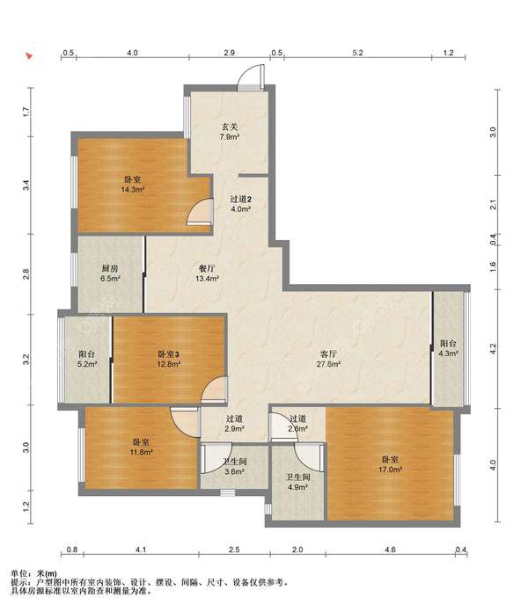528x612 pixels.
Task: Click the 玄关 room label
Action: point(230,127)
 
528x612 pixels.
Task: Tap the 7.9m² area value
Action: point(230,137)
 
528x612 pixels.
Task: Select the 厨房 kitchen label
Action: point(110,268)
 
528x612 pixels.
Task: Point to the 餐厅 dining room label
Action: point(207,268)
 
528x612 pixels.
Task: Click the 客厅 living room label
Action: point(328,354)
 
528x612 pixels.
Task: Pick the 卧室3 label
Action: point(168,354)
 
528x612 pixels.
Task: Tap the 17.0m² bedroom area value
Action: point(390,470)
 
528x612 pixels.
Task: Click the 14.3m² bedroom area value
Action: point(133,190)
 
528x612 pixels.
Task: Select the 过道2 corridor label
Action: point(240,199)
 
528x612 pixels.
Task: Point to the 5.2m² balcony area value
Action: point(87,364)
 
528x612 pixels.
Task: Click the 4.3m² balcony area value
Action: point(448,353)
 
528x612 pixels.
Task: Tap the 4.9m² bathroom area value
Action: point(297,487)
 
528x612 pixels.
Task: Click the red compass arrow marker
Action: point(29,55)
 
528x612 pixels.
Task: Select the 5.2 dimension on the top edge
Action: point(358,53)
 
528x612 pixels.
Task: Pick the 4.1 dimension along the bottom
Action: point(141,550)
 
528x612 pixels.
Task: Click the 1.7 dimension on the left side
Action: point(26,112)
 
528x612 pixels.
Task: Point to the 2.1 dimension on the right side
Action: point(494,204)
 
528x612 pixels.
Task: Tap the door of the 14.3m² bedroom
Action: point(200,212)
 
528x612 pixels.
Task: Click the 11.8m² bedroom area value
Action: point(142,452)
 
